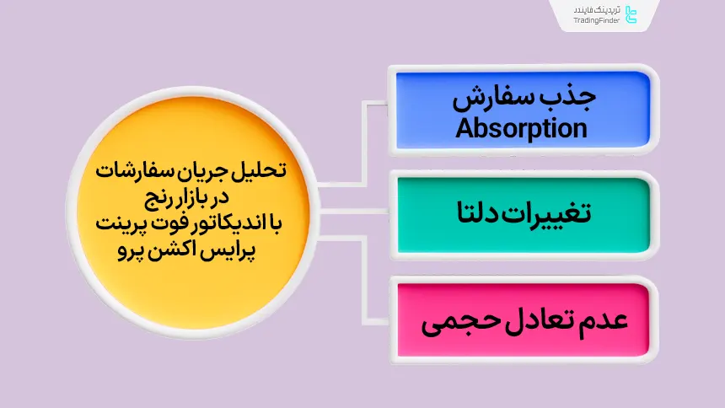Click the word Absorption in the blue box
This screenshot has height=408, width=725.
521,129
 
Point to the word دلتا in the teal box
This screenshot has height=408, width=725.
478,212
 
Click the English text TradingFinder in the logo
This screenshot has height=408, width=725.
597,20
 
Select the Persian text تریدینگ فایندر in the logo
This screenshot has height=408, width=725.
597,9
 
